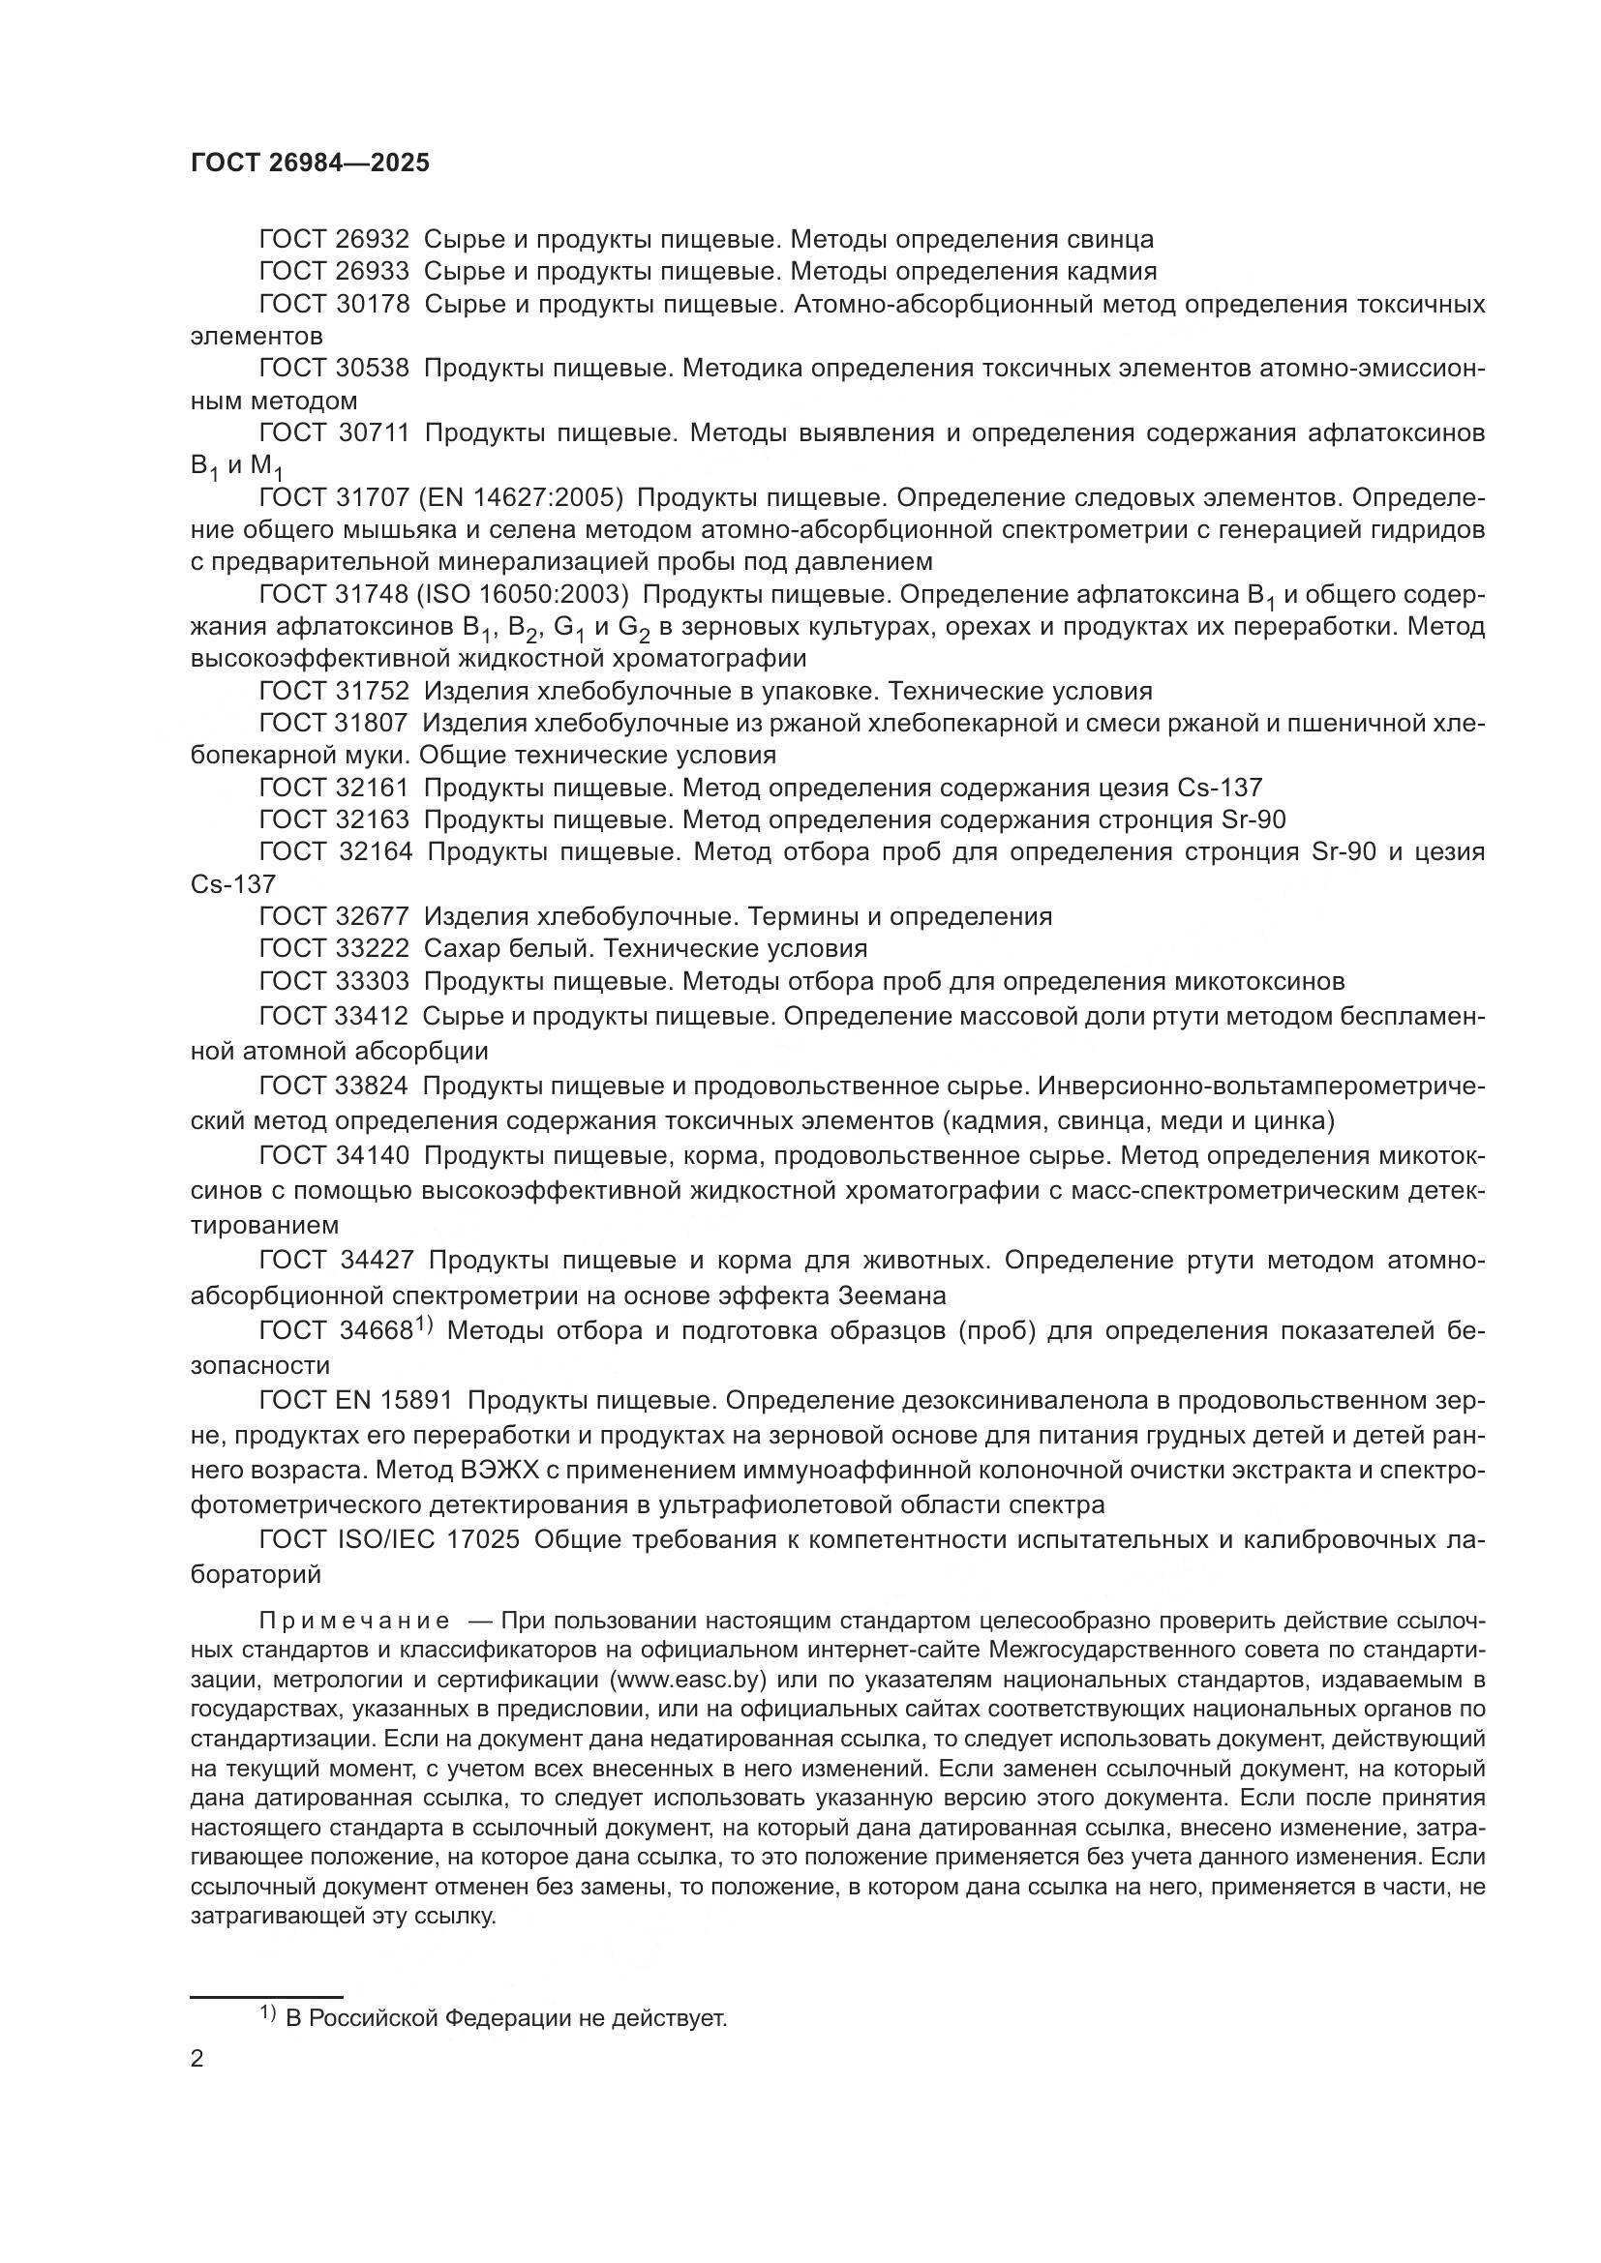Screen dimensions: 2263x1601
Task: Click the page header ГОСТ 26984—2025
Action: coord(310,164)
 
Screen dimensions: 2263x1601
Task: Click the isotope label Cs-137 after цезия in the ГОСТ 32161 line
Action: coord(1219,788)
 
